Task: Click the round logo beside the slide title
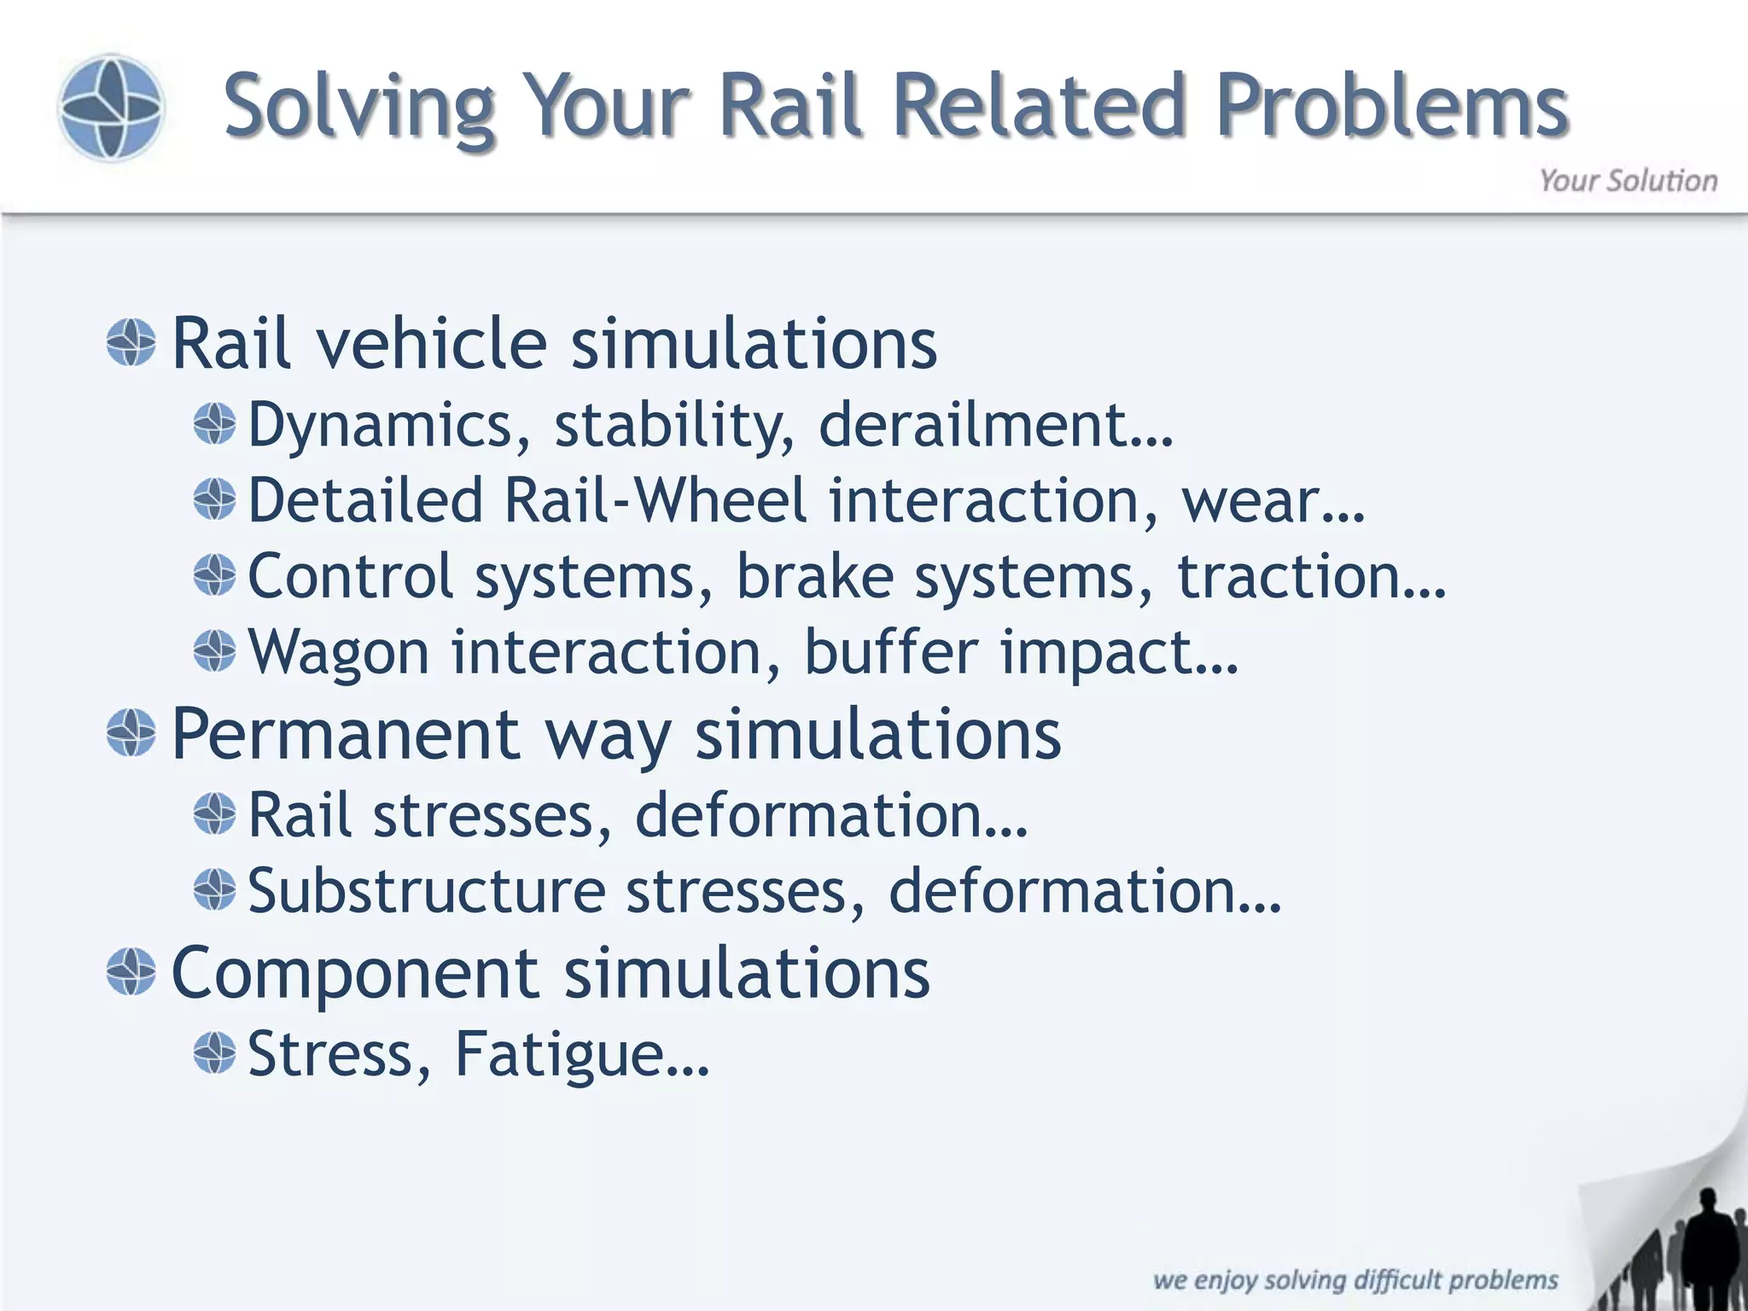click(110, 108)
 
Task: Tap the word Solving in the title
click(359, 108)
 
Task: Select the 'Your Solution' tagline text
click(1628, 181)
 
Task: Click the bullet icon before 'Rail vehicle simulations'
click(131, 343)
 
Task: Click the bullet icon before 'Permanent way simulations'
click(131, 733)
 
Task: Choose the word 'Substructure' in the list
click(426, 891)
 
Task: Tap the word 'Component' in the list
click(355, 973)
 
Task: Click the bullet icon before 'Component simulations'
click(131, 972)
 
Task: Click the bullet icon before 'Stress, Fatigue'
click(214, 1052)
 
